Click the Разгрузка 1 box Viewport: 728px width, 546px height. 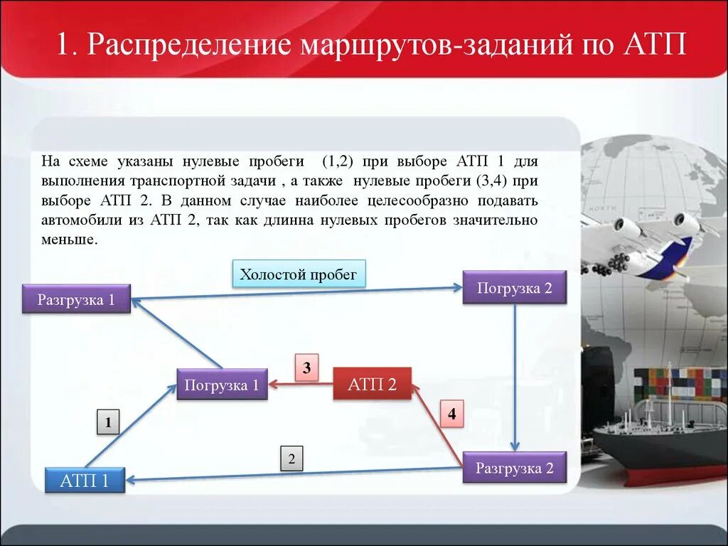coord(76,299)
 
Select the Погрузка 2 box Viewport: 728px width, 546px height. coord(514,288)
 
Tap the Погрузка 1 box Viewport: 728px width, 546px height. coord(222,385)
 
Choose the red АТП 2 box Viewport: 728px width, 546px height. coord(372,385)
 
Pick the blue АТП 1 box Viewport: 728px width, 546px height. coord(85,481)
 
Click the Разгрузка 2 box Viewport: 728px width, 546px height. coord(514,468)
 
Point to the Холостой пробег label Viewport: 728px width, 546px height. coord(299,274)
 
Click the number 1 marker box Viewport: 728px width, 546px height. coord(108,422)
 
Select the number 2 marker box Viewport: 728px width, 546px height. coord(291,459)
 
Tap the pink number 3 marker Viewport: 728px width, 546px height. coord(306,368)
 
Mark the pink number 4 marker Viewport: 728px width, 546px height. coord(451,413)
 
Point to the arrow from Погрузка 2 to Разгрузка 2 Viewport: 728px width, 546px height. coord(515,377)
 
